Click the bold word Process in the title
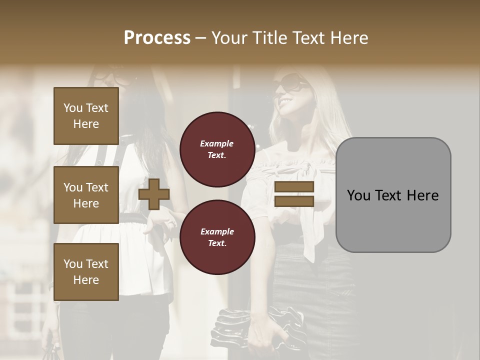(157, 38)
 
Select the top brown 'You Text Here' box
(86, 116)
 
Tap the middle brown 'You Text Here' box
(86, 195)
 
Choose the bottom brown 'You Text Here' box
(86, 272)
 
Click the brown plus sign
(154, 193)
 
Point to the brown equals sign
(294, 194)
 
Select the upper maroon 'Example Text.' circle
(217, 149)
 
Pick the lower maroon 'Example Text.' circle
(217, 237)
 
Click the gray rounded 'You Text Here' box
(393, 195)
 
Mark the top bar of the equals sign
(294, 187)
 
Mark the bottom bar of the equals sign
(294, 201)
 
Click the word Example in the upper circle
(217, 144)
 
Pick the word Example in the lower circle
(217, 231)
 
